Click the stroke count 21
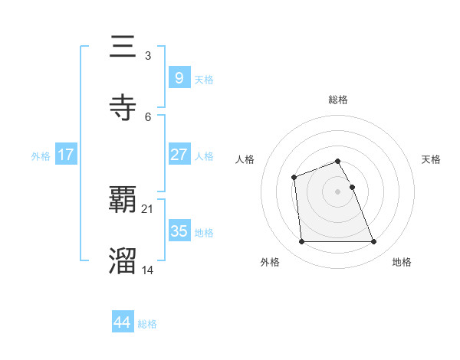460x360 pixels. [147, 209]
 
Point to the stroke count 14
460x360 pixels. [147, 269]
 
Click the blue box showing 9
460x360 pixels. [179, 77]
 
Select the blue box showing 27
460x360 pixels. [179, 154]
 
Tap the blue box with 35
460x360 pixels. [179, 231]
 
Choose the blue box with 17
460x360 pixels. [66, 154]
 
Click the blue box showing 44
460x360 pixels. [123, 322]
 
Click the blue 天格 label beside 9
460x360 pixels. [204, 79]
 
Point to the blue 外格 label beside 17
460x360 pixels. [41, 155]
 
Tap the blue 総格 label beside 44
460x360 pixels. [147, 324]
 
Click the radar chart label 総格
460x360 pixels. [338, 100]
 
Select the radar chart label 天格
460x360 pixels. [432, 159]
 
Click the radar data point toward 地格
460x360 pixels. [374, 242]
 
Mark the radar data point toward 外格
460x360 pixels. [302, 242]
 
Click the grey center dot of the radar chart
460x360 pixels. [338, 191]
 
